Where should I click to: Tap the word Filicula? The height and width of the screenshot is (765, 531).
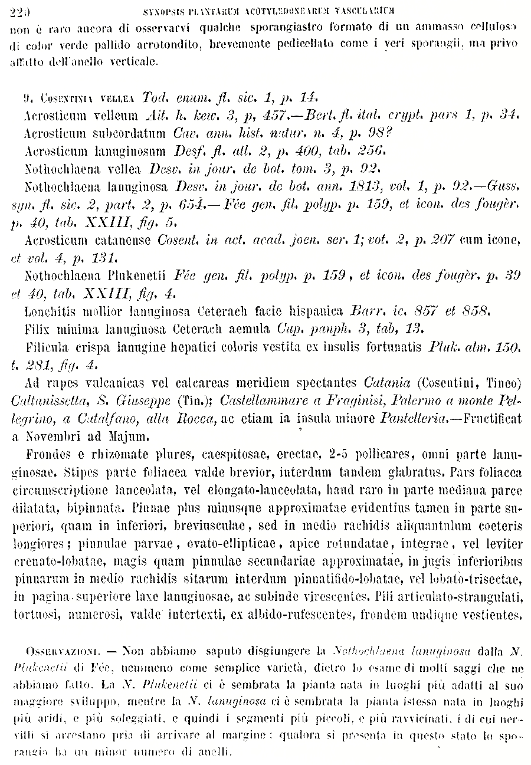[47, 349]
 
